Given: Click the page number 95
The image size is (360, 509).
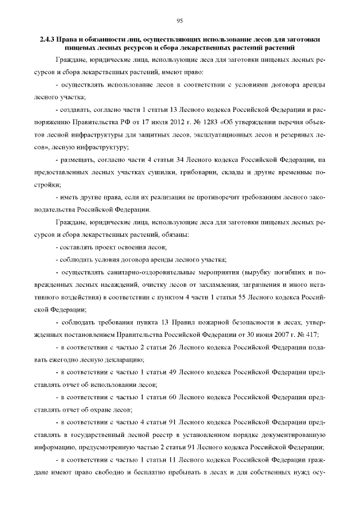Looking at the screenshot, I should [180, 21].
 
